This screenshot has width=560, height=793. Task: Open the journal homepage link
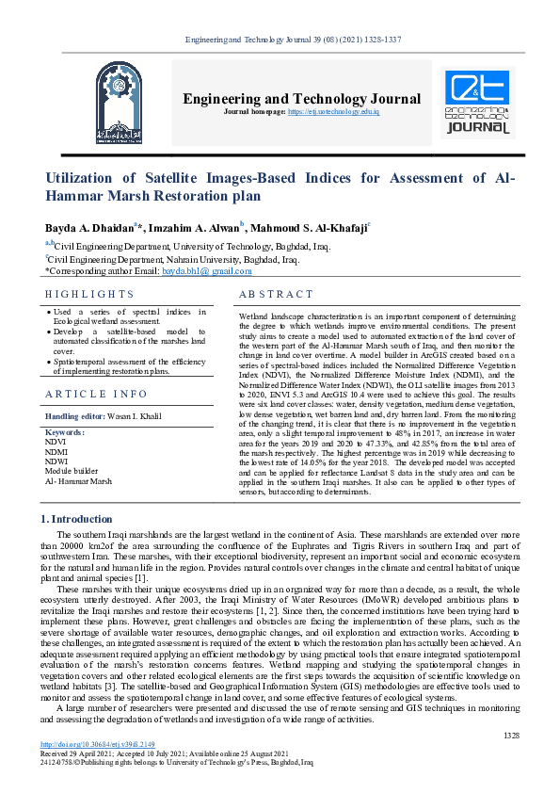(345, 111)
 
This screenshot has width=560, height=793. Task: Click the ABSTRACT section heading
(276, 295)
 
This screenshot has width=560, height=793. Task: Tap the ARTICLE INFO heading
(96, 394)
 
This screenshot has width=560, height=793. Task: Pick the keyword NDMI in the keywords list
(56, 451)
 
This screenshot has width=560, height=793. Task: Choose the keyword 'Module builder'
(72, 471)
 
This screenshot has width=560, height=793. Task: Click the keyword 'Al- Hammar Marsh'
(78, 481)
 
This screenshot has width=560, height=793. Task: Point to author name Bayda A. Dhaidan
(90, 227)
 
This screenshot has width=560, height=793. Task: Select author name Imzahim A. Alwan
(196, 227)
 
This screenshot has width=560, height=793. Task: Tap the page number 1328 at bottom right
(510, 760)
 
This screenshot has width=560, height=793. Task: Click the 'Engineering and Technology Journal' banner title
(301, 98)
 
